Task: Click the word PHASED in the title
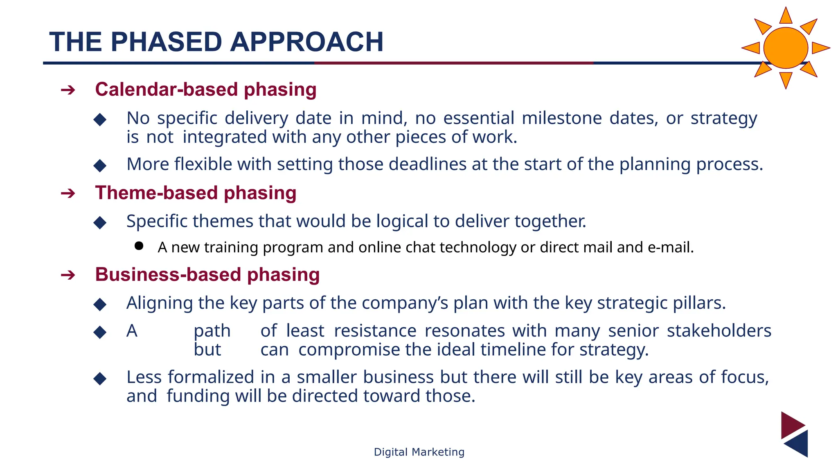click(166, 42)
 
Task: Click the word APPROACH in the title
click(306, 42)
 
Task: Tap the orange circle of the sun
click(785, 48)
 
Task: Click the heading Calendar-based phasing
click(205, 90)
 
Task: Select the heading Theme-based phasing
click(196, 193)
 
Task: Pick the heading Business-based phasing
click(207, 275)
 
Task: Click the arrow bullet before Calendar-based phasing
click(68, 90)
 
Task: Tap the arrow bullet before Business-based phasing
click(68, 275)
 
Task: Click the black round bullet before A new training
click(139, 246)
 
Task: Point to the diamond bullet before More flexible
click(100, 166)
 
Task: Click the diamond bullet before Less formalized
click(100, 379)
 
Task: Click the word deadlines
click(427, 164)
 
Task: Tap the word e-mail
click(671, 248)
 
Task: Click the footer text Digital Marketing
click(419, 452)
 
